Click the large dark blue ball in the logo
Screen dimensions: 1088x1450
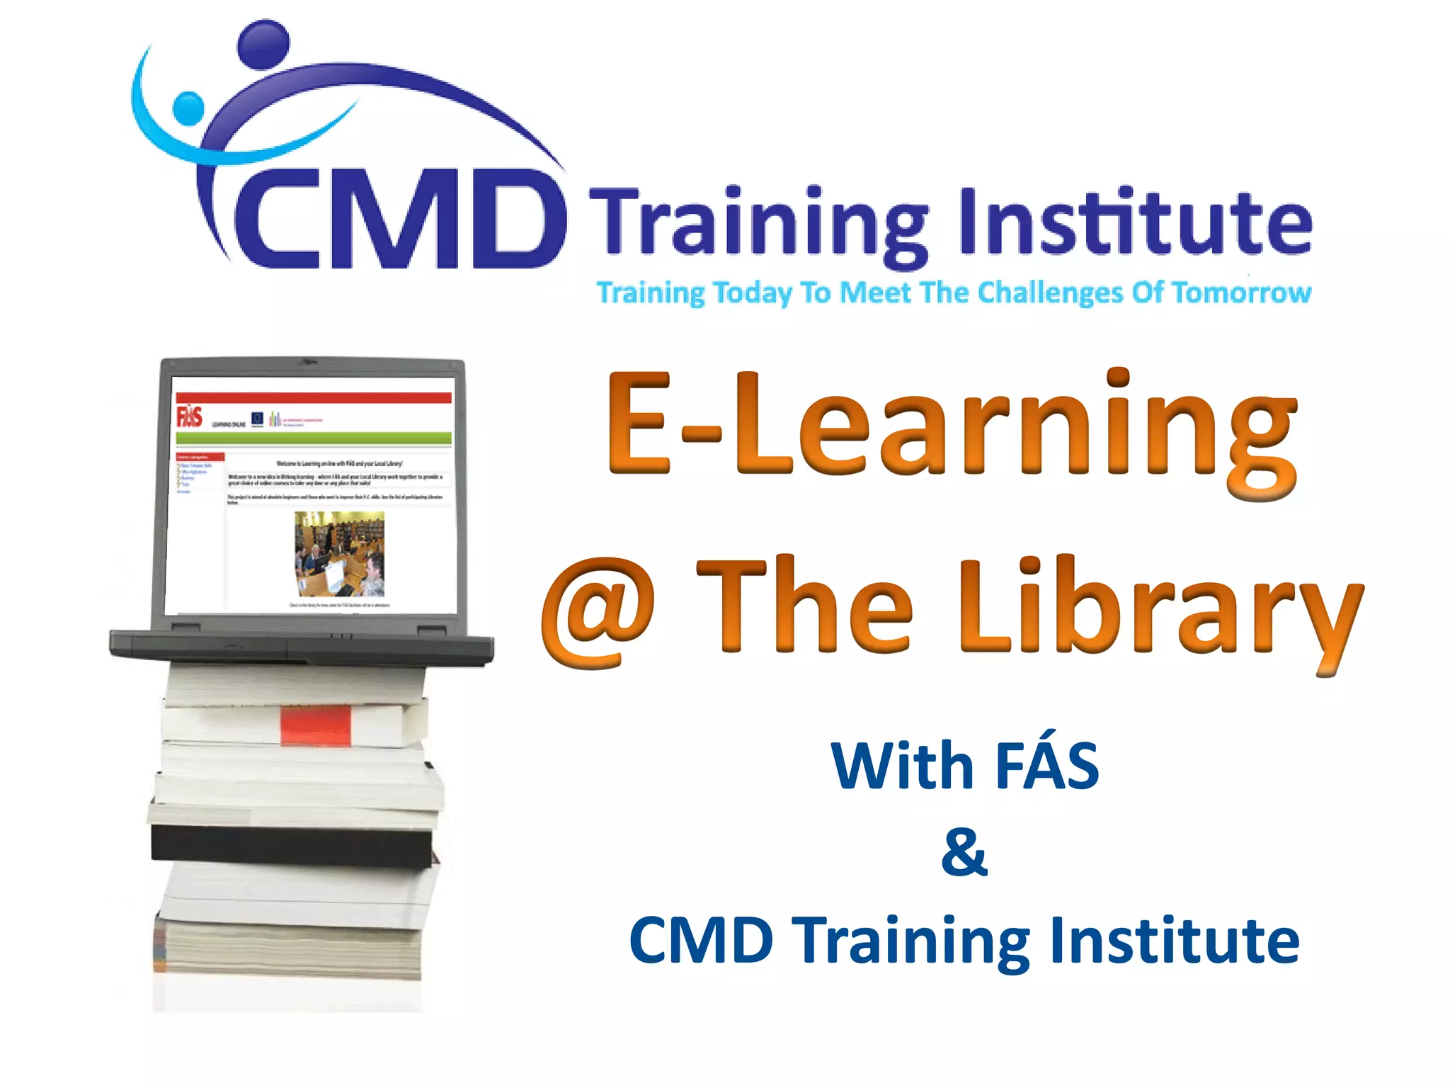click(x=263, y=44)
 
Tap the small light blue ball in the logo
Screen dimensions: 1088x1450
click(x=188, y=108)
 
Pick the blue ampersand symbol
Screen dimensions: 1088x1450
click(x=964, y=852)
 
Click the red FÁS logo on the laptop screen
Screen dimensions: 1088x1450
click(x=189, y=416)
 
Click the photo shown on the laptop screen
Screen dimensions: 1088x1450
click(x=339, y=554)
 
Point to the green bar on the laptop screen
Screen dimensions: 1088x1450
click(x=314, y=438)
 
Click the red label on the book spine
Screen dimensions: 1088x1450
click(x=315, y=725)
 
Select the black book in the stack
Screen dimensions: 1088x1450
click(x=292, y=844)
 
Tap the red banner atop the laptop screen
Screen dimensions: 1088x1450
click(x=314, y=397)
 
